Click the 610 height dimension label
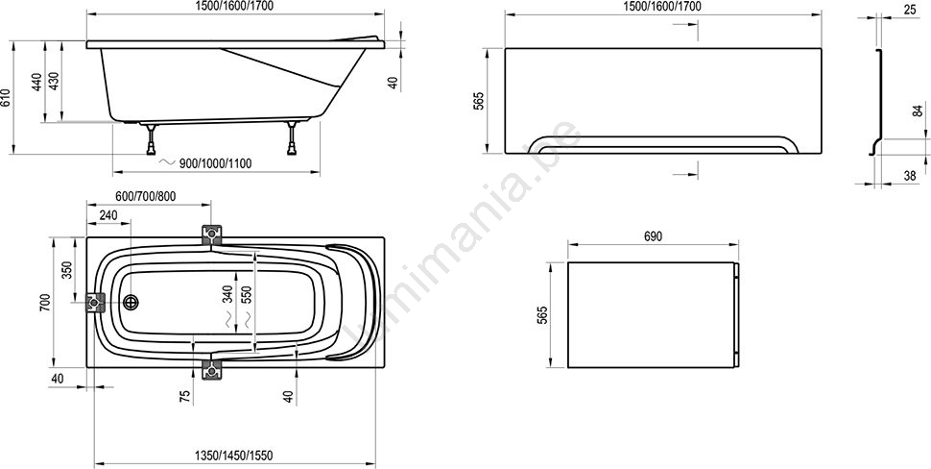6,97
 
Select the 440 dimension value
36,82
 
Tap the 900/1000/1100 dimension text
216,163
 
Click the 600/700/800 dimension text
146,197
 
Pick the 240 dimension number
108,215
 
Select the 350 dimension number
67,270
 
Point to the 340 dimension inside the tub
227,294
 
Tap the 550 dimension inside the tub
247,294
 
